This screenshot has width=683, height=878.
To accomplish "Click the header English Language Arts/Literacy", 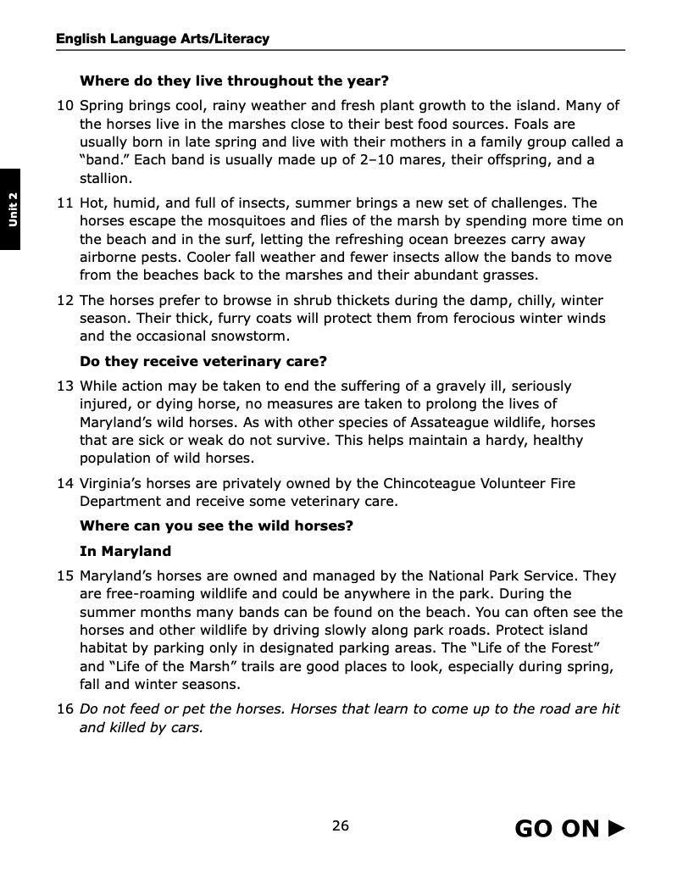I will (x=163, y=39).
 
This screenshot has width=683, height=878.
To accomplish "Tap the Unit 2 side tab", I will (x=12, y=208).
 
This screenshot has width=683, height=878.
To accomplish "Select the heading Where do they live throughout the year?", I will (x=234, y=81).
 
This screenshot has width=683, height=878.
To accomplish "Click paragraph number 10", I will (x=65, y=106).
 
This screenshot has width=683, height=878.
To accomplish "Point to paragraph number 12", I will (x=65, y=301).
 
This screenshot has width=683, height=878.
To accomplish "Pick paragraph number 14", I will (x=65, y=484).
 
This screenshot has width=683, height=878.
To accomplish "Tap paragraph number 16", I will (x=65, y=709).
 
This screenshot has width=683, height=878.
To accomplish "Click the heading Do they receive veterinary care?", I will (x=203, y=362).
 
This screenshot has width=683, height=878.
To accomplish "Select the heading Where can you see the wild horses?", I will (x=216, y=526).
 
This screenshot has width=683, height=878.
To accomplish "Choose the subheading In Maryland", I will (x=125, y=552).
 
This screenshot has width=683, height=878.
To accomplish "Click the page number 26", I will (x=341, y=826).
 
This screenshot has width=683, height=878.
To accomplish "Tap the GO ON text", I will (x=557, y=829).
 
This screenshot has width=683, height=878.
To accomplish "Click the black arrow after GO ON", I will (x=617, y=828).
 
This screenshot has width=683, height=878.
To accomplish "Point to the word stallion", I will (x=106, y=179).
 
